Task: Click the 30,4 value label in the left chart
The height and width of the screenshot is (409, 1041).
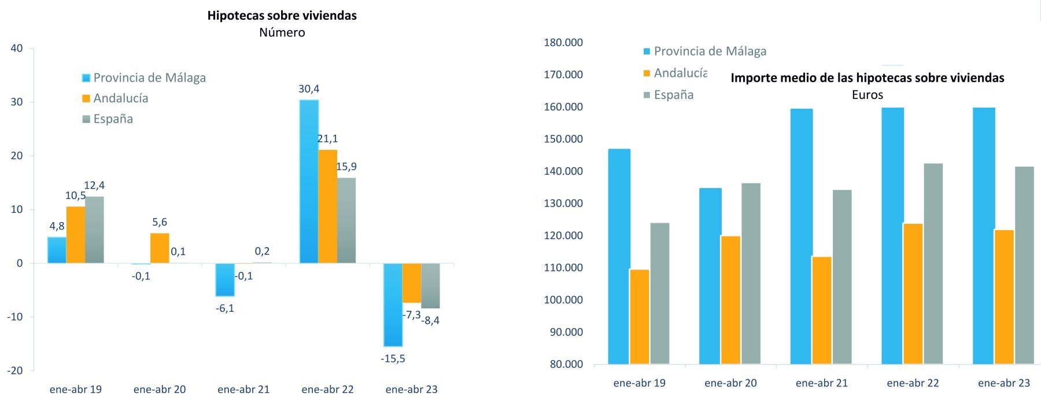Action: coord(309,89)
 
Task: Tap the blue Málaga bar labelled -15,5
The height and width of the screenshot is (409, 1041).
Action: coord(393,304)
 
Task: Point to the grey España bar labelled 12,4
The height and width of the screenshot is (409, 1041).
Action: coord(94,230)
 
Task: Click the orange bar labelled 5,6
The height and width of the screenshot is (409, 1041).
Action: coord(160,248)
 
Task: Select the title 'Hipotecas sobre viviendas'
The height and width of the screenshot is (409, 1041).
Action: coord(282,16)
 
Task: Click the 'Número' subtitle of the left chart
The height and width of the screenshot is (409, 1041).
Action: coord(282,32)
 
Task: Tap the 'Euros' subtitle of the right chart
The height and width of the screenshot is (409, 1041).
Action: coord(867,94)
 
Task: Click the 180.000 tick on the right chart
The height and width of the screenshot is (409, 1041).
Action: coord(563,43)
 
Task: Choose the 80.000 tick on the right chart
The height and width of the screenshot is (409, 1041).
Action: coord(563,364)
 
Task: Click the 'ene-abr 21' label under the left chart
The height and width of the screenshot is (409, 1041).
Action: coord(243,389)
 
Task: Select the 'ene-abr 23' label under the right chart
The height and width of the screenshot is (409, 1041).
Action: coord(1004,383)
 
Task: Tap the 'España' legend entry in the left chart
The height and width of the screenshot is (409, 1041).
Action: coord(113,119)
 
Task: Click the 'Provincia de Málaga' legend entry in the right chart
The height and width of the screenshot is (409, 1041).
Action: coord(710,51)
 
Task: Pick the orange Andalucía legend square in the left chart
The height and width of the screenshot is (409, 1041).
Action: coord(87,98)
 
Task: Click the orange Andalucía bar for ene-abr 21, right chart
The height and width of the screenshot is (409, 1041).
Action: coord(821,310)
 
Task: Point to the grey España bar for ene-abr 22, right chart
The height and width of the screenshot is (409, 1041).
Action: coord(933,264)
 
